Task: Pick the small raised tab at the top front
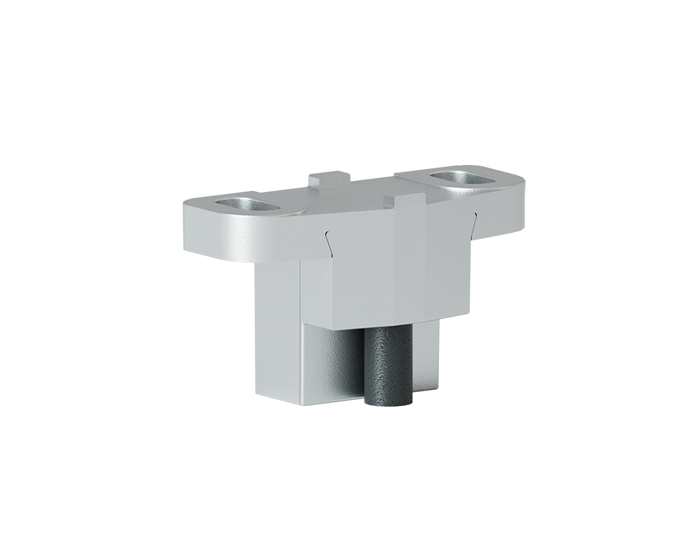pos(407,198)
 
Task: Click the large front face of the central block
pos(392,270)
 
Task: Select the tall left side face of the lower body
pos(278,334)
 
